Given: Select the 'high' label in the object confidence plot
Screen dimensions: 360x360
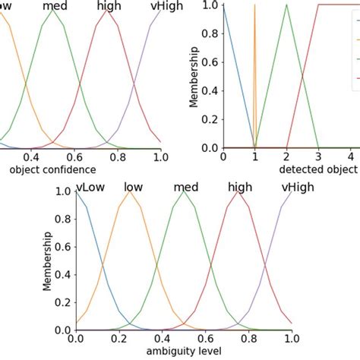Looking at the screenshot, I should (x=109, y=7).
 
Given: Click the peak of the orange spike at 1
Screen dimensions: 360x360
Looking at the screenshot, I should (x=254, y=5).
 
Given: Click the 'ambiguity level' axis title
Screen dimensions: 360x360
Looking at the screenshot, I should (x=183, y=352).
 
